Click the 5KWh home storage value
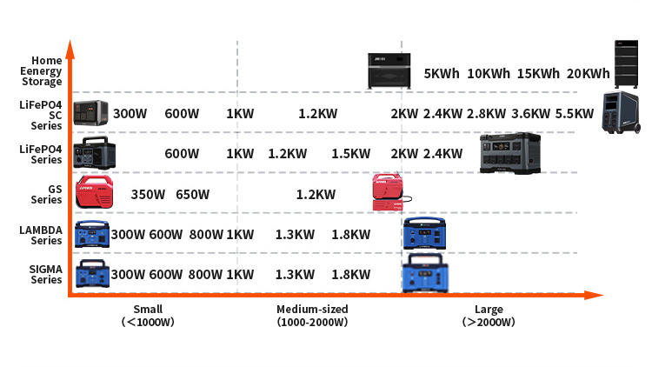point(442,74)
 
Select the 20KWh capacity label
point(588,74)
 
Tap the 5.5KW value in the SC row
point(575,114)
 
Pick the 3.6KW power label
point(530,114)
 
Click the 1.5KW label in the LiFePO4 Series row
point(350,154)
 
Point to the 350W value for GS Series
point(148,194)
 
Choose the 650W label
point(192,194)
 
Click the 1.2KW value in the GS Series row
point(316,194)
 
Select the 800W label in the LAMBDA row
point(206,234)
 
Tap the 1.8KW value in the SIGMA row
point(350,274)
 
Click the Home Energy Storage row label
point(42,71)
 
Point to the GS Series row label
point(47,194)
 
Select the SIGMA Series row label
point(46,274)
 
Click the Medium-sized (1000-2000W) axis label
point(312,316)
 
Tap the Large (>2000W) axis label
point(489,316)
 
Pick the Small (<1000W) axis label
point(148,316)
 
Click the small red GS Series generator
point(94,191)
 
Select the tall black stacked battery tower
point(626,64)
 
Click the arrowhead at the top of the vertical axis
point(70,49)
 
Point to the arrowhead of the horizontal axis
point(594,295)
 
